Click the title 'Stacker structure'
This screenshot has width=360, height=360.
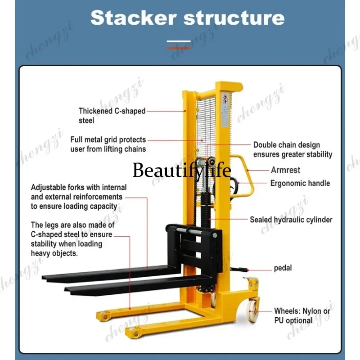pyautogui.click(x=187, y=18)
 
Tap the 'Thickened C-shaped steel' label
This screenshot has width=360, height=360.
pyautogui.click(x=112, y=116)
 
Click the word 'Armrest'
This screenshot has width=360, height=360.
pyautogui.click(x=285, y=170)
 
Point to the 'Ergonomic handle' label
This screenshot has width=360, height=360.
pyautogui.click(x=300, y=183)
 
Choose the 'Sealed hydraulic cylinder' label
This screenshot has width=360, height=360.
pyautogui.click(x=291, y=220)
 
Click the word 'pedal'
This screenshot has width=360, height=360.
pyautogui.click(x=283, y=268)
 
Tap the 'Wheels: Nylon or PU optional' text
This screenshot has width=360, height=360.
pyautogui.click(x=302, y=316)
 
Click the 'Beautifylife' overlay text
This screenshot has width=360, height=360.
pyautogui.click(x=182, y=170)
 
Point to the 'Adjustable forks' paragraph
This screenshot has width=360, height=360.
pyautogui.click(x=79, y=197)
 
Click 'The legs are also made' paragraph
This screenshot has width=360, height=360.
pyautogui.click(x=72, y=239)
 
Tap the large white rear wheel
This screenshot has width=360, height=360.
pyautogui.click(x=252, y=310)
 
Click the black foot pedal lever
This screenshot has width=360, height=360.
pyautogui.click(x=239, y=269)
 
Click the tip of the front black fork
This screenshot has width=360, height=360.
pyautogui.click(x=67, y=289)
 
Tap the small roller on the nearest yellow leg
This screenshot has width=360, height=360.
pyautogui.click(x=136, y=334)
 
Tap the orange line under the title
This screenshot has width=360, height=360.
pyautogui.click(x=179, y=48)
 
